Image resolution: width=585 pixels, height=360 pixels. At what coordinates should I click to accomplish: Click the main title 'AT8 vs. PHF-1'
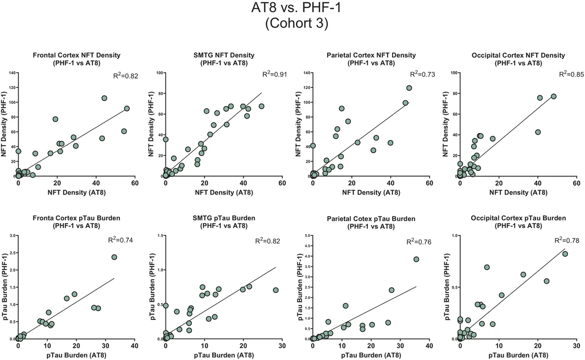(296, 8)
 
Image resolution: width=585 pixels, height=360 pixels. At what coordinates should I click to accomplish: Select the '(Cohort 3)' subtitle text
(296, 23)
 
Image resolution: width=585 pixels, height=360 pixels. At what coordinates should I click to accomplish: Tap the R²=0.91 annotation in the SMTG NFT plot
(274, 74)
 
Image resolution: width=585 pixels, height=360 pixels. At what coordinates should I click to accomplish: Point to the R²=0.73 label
(422, 74)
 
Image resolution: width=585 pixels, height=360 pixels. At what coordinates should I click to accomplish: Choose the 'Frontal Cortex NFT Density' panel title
(76, 55)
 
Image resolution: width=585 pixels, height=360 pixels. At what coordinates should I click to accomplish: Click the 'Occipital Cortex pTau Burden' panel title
(518, 218)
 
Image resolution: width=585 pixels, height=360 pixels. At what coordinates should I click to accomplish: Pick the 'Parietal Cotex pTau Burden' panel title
(371, 219)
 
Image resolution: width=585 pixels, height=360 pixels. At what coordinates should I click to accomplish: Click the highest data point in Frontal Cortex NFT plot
(104, 98)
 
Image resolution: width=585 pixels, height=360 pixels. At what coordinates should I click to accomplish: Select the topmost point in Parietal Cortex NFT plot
(409, 88)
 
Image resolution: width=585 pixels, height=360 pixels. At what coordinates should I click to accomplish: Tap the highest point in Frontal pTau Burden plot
(114, 257)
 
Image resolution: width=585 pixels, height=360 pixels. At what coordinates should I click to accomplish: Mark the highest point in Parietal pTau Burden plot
(416, 259)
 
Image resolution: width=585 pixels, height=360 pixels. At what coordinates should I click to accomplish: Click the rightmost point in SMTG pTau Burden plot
(275, 290)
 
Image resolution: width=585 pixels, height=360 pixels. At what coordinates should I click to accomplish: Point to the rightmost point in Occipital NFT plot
(554, 97)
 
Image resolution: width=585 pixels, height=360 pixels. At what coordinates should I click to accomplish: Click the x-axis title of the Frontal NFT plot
(76, 192)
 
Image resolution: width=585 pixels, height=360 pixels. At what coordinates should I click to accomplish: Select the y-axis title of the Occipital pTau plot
(448, 286)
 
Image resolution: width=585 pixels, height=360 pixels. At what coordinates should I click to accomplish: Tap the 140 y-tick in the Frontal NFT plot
(12, 73)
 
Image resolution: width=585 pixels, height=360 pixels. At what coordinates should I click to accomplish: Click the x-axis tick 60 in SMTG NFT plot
(282, 183)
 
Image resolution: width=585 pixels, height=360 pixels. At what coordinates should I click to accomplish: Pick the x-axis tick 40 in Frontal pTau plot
(135, 346)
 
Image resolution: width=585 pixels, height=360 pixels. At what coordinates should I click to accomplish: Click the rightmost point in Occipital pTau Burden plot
(565, 254)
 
